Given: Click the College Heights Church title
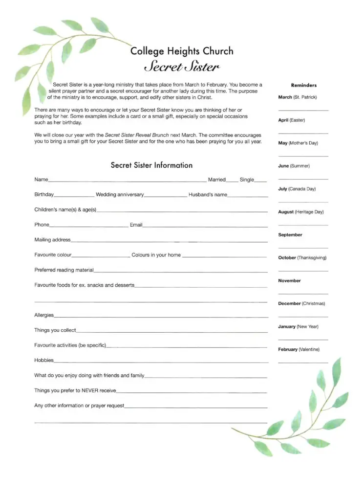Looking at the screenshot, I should coord(182,51).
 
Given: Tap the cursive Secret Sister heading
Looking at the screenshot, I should coord(182,67).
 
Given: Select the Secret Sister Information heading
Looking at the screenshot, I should coord(151,165).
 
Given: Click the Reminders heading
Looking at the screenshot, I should coord(303,85).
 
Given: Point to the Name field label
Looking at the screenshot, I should coord(41,180).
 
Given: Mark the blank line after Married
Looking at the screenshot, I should coord(233,181).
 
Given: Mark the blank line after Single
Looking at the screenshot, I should coord(261,181).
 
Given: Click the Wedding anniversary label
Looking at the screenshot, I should coord(120,195).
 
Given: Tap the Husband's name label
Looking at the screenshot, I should coord(208,195).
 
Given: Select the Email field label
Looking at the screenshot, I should coord(136,225).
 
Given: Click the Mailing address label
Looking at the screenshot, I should coord(52,240).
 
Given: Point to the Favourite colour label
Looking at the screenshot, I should coord(53,255).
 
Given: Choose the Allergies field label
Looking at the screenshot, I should coord(44,315).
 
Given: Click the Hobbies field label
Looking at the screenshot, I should coord(44,360).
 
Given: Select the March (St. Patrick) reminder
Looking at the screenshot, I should coord(298,97).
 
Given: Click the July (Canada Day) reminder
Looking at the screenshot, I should coord(297,189).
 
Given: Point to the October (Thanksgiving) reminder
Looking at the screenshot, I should coord(302,257).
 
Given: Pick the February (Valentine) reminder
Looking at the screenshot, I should coord(299,349).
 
